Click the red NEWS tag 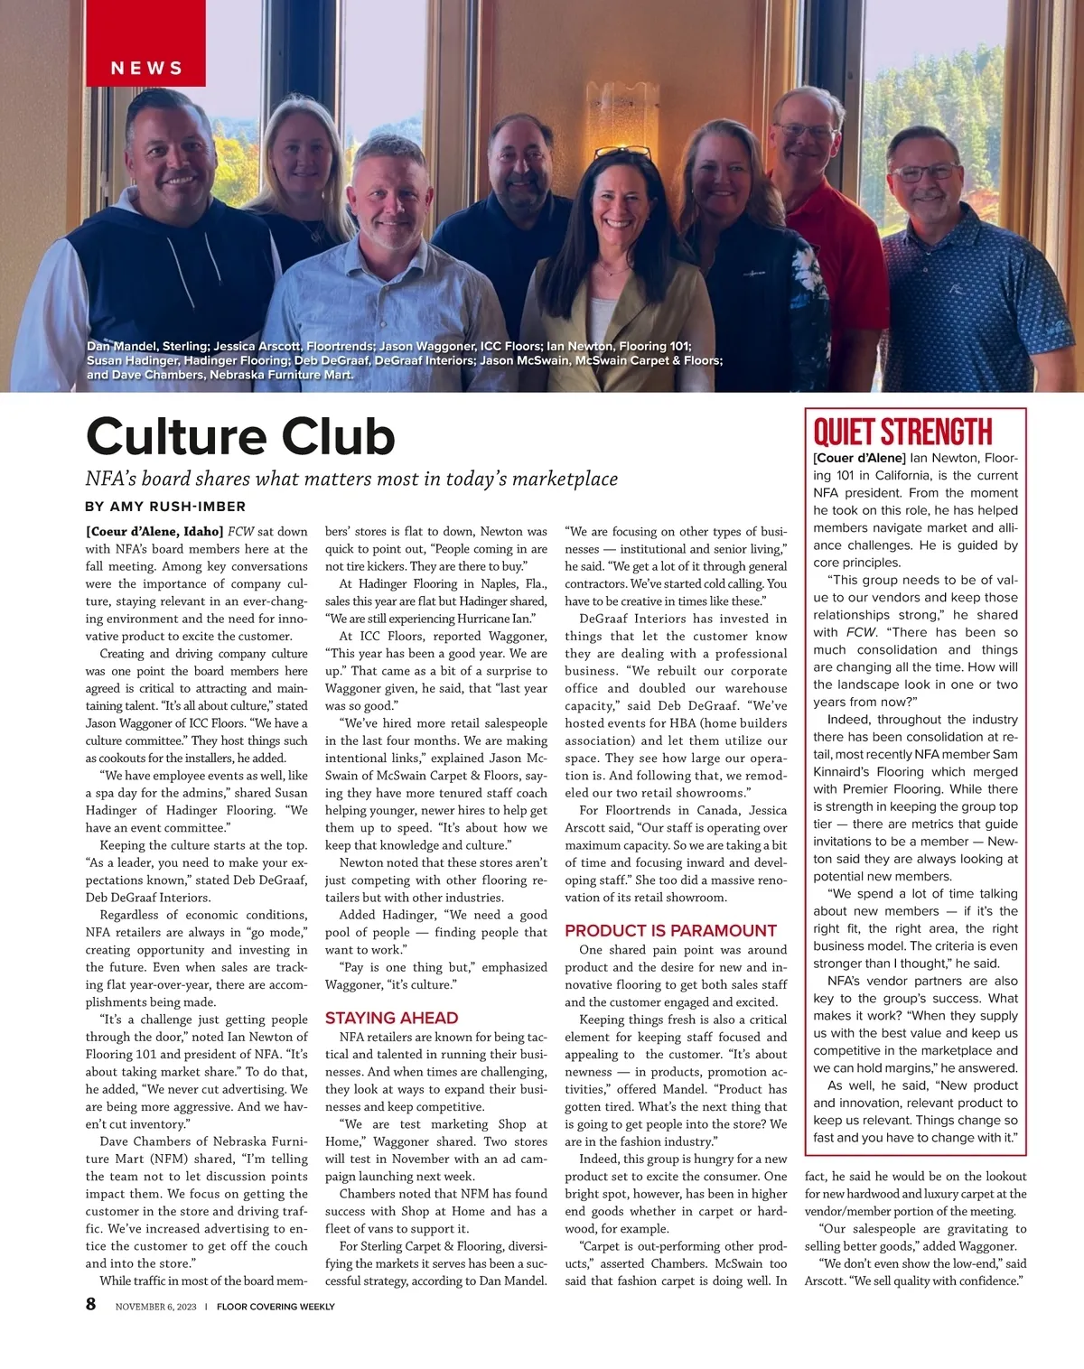(146, 68)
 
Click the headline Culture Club (240, 436)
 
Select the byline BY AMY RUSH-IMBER (165, 507)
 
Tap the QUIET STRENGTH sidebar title (902, 432)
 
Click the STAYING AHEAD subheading (391, 1018)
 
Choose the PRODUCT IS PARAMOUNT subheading (670, 930)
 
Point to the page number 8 (91, 1304)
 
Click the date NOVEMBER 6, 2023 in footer (155, 1307)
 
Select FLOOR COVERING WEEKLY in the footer (276, 1307)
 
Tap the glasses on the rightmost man (926, 172)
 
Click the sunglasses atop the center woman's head (621, 154)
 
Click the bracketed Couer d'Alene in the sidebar (859, 458)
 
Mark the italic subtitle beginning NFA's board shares (351, 479)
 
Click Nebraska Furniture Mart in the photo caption (281, 375)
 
